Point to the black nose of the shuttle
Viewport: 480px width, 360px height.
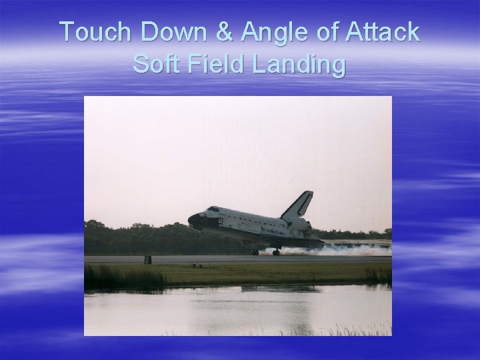pyautogui.click(x=194, y=219)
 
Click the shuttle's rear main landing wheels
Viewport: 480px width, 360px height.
pyautogui.click(x=276, y=252)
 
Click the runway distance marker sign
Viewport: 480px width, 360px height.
pyautogui.click(x=147, y=259)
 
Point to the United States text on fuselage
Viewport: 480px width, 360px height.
pyautogui.click(x=274, y=229)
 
